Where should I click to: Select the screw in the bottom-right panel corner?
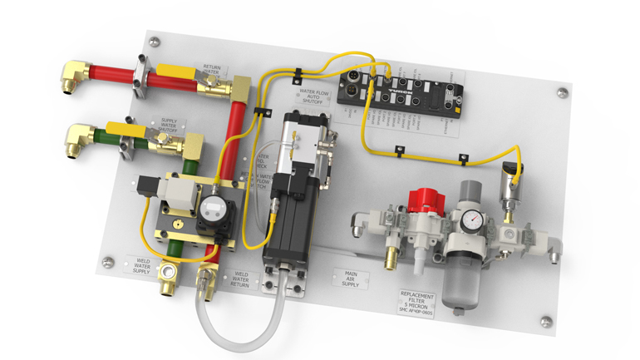tap(544, 321)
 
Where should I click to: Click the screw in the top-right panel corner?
tap(562, 92)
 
